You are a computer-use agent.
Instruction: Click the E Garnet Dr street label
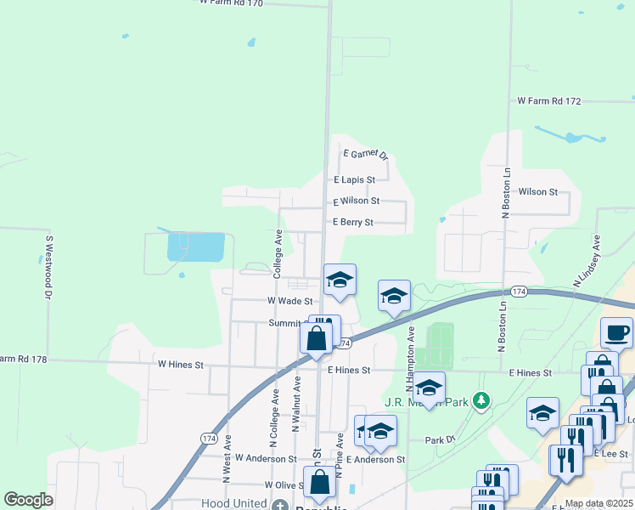click(x=365, y=155)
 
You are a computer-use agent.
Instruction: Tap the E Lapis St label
click(x=354, y=180)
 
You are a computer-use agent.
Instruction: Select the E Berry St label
click(x=353, y=223)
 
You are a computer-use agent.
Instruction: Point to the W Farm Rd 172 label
click(x=549, y=101)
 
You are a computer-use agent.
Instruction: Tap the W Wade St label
click(x=290, y=301)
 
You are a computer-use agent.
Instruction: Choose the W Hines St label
click(x=181, y=365)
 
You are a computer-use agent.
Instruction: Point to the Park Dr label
click(x=441, y=440)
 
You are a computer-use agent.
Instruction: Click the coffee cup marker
click(x=617, y=331)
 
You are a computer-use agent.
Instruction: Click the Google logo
click(x=28, y=500)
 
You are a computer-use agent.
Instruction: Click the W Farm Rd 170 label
click(x=231, y=3)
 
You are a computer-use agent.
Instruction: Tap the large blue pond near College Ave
click(x=197, y=247)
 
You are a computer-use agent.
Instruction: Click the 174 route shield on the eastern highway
click(x=520, y=292)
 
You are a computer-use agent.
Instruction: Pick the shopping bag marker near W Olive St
click(x=319, y=481)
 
